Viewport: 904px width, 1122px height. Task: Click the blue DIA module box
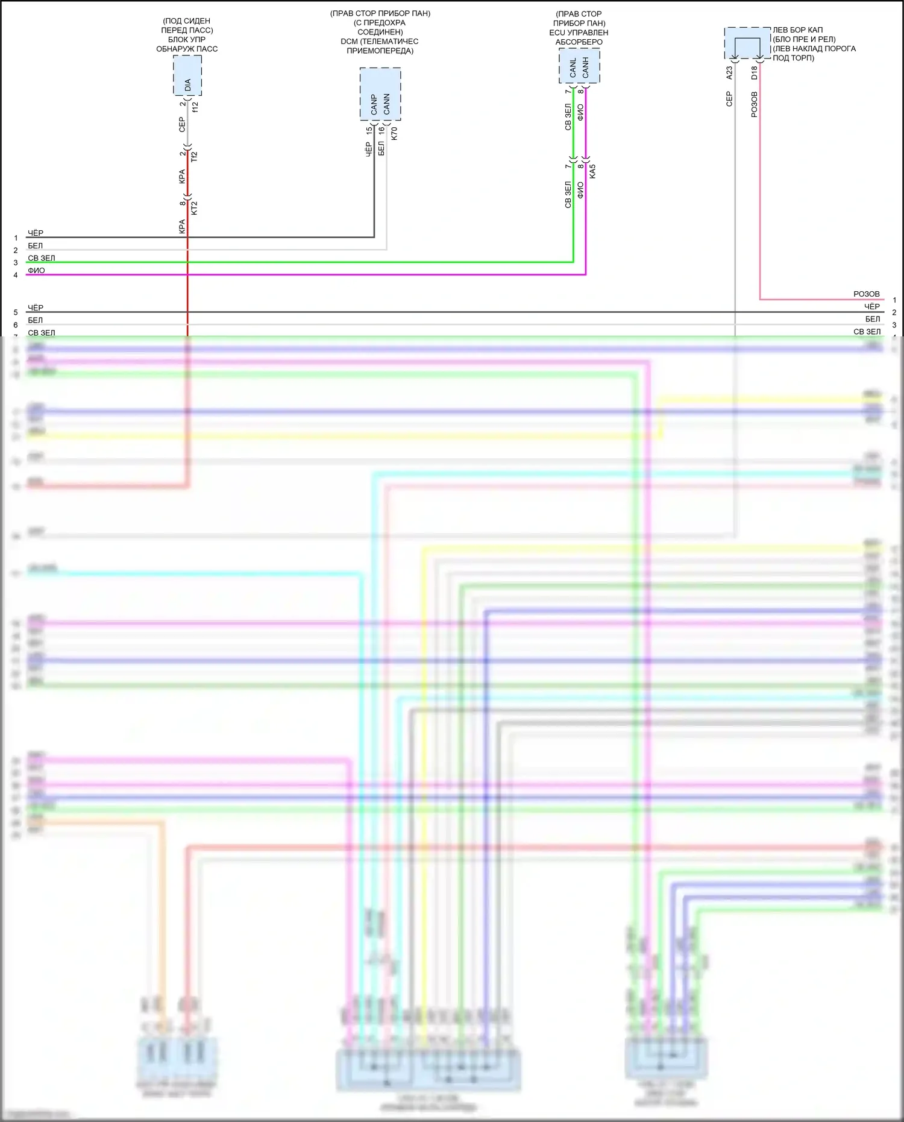click(x=187, y=75)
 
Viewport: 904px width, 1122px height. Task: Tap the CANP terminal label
click(x=374, y=104)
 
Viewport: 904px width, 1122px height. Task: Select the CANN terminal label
click(x=386, y=104)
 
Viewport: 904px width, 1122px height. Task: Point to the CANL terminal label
click(x=573, y=68)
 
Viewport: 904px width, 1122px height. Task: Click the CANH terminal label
click(x=585, y=68)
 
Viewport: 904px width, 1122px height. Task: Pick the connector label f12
click(x=195, y=106)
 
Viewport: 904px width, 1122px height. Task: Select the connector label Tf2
click(x=194, y=156)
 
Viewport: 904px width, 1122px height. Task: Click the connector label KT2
click(x=194, y=208)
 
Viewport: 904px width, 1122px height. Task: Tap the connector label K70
click(x=394, y=133)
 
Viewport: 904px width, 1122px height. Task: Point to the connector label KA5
click(x=592, y=171)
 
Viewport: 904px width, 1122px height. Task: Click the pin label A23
click(x=729, y=72)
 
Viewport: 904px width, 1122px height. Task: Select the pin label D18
click(x=754, y=72)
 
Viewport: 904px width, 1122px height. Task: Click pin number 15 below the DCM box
click(x=369, y=130)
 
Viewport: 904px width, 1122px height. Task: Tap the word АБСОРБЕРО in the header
click(x=579, y=42)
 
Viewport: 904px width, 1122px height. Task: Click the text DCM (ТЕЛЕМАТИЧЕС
click(x=380, y=42)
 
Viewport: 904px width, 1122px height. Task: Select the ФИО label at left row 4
click(x=36, y=271)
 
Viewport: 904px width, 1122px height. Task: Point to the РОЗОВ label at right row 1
click(x=866, y=294)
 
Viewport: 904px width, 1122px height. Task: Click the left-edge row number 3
click(x=16, y=263)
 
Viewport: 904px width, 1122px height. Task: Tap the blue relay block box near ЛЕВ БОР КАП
click(x=747, y=43)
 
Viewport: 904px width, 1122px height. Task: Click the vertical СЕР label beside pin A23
click(x=729, y=99)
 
